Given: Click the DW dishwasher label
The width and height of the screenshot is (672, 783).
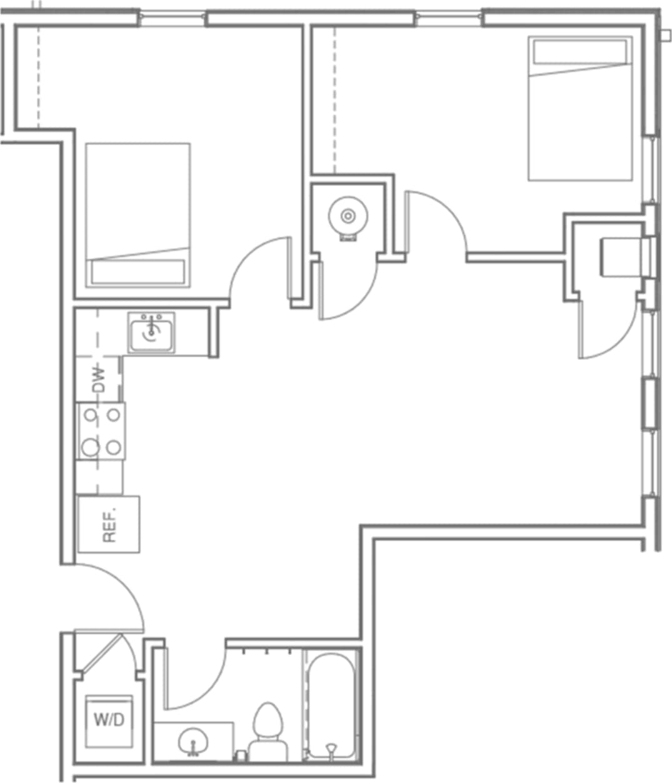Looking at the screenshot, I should (99, 379).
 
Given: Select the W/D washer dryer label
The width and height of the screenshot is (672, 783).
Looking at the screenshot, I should (109, 719).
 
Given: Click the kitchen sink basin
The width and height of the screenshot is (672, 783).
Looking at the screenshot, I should (152, 333).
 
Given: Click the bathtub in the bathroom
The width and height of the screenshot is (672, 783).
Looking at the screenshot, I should (331, 705).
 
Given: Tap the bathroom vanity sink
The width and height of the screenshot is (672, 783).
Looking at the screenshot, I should (193, 742).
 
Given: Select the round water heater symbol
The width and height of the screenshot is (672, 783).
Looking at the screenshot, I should (347, 217).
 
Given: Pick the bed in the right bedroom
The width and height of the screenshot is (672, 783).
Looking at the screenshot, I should (580, 109).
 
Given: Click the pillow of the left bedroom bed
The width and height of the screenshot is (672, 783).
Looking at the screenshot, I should (138, 272).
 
